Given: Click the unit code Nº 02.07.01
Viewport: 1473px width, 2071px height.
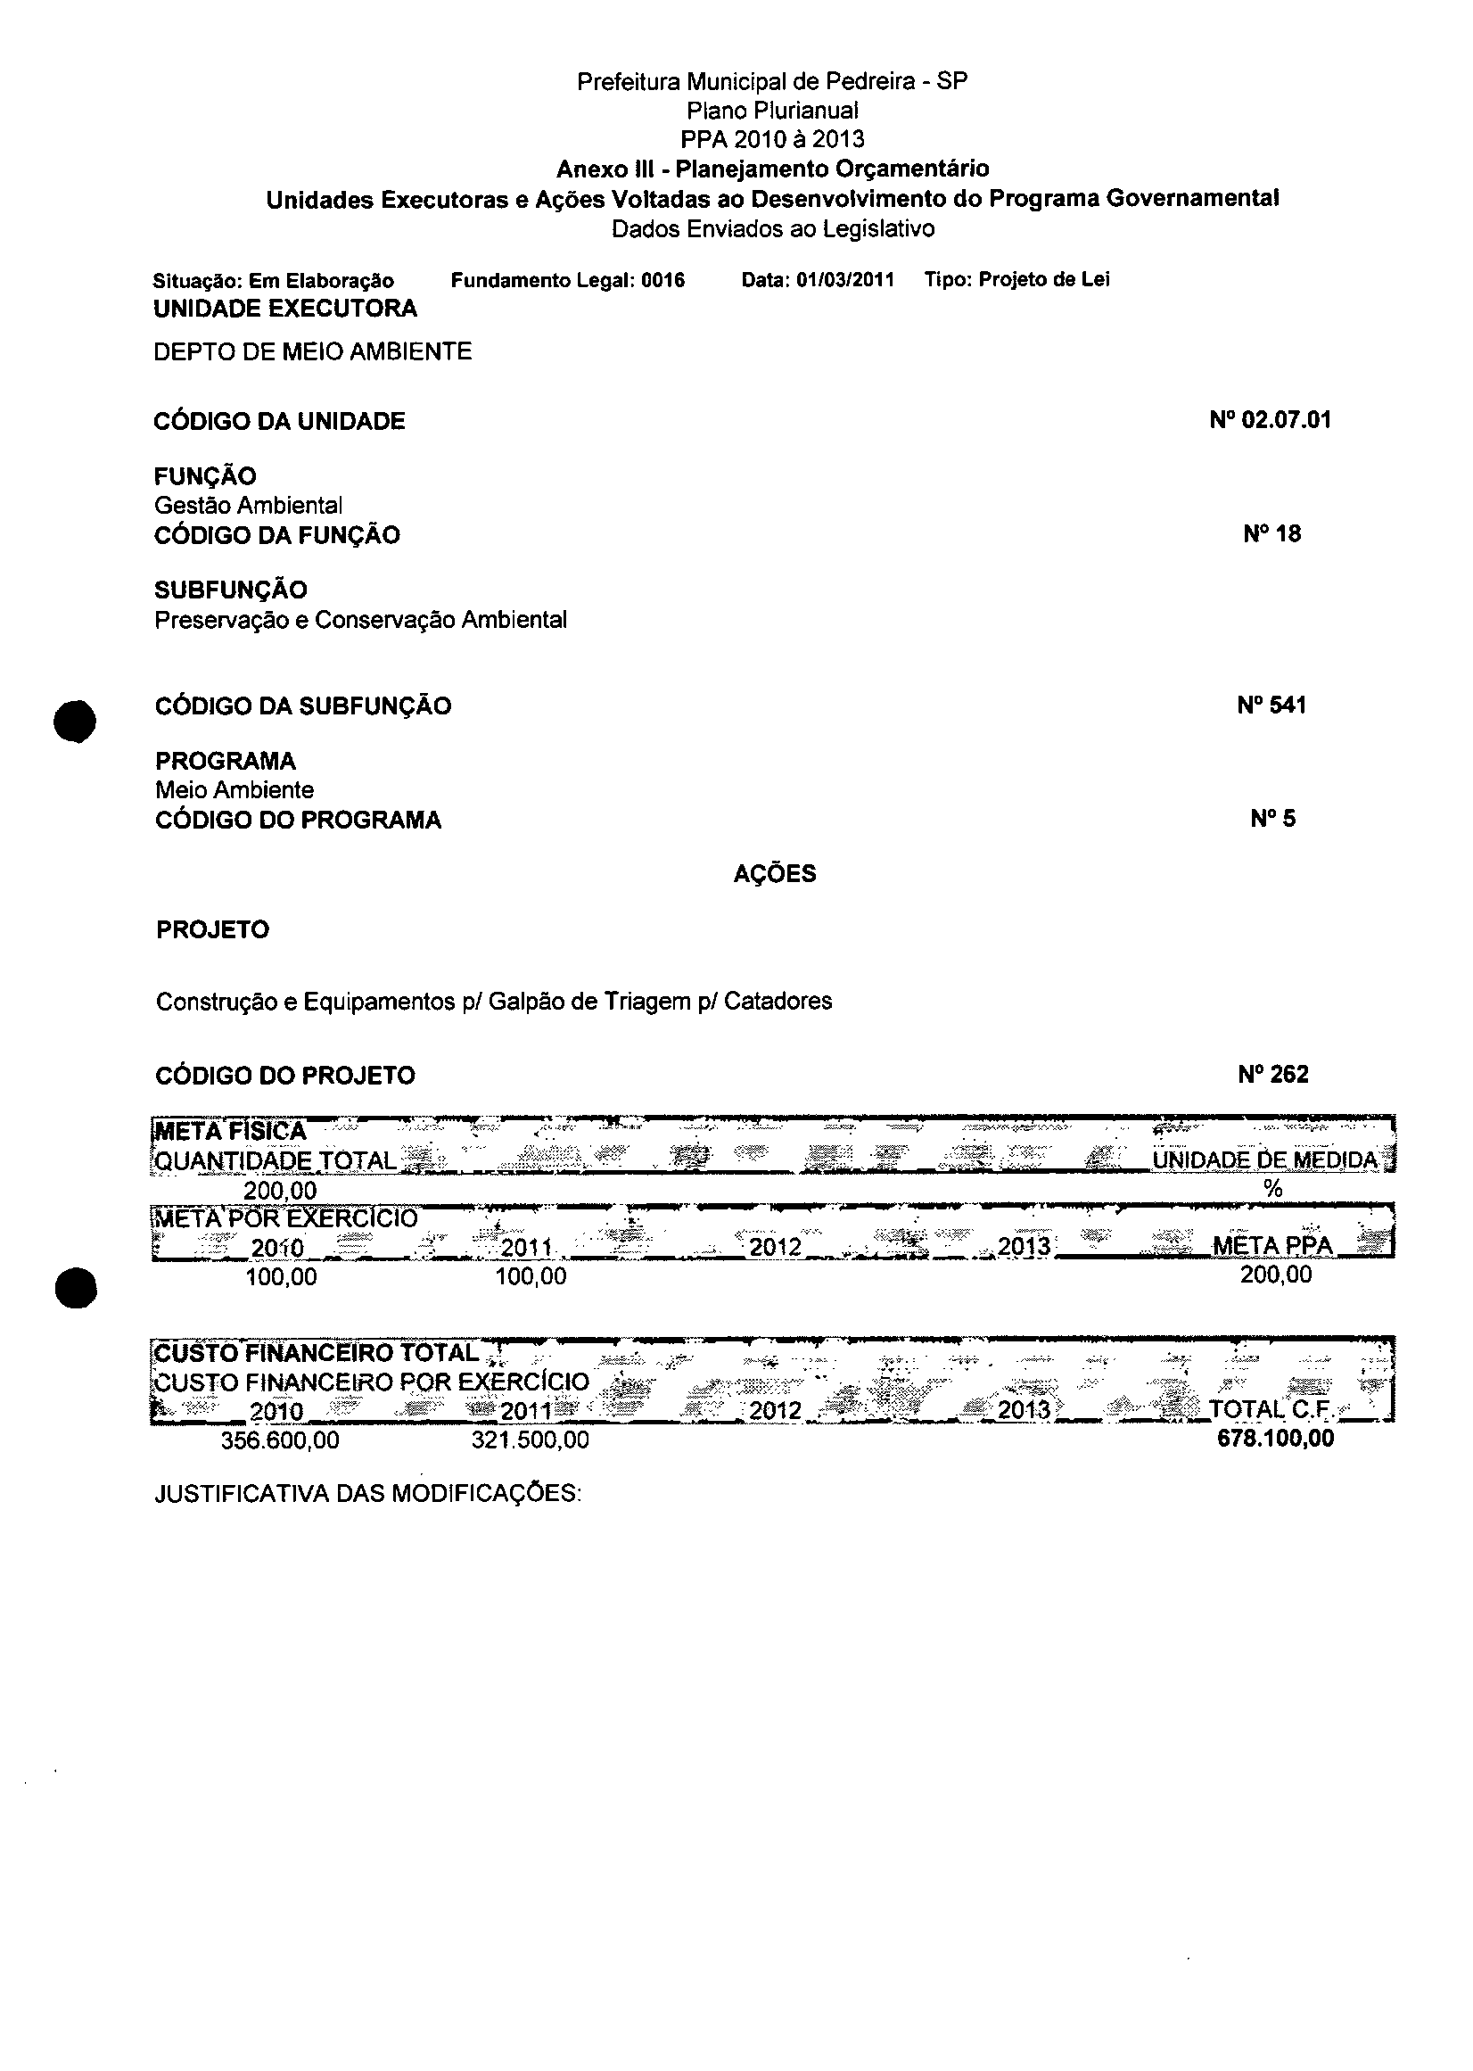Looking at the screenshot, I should click(x=1270, y=420).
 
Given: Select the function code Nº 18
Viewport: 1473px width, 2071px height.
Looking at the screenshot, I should click(x=1271, y=534).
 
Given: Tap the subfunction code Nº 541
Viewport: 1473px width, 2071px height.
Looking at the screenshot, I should click(x=1271, y=705).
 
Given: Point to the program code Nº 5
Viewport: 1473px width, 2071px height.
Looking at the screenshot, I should click(x=1272, y=819).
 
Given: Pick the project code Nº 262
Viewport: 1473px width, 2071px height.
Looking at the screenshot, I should click(x=1272, y=1075).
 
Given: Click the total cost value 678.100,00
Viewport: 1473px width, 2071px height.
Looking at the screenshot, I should click(x=1275, y=1439).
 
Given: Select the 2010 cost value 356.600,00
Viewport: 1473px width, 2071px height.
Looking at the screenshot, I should click(x=280, y=1440).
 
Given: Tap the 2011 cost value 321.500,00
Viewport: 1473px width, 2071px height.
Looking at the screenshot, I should click(x=530, y=1440).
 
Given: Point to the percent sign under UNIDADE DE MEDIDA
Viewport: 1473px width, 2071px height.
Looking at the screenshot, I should click(x=1272, y=1189).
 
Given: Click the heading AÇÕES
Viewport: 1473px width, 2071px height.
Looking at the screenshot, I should click(x=775, y=873).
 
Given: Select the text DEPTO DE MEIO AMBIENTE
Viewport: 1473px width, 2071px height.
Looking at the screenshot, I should click(x=312, y=352).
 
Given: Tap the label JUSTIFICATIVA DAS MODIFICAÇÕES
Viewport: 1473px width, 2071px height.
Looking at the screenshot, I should click(x=367, y=1494).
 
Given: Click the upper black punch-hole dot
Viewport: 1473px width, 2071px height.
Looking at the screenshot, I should click(x=74, y=722).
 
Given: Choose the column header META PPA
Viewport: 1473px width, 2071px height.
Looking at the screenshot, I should click(x=1272, y=1246).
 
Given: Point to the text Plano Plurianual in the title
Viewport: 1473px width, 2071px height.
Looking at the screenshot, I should click(x=773, y=111).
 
